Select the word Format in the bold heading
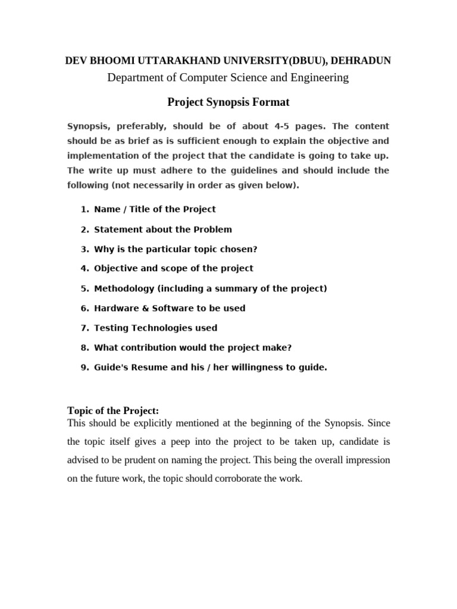tap(272, 102)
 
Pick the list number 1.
tap(83, 209)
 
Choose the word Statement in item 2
tap(115, 229)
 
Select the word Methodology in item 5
tap(123, 288)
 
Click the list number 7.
tap(83, 328)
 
